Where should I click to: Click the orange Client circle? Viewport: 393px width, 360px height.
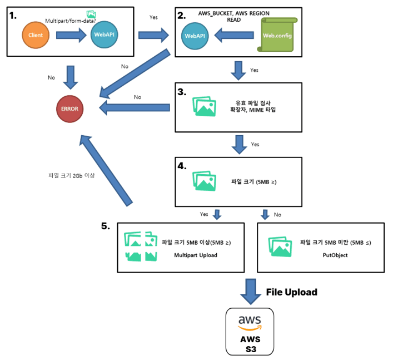point(36,35)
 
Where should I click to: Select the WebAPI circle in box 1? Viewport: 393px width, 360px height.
point(105,34)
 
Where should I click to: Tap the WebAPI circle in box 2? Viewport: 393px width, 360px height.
point(195,36)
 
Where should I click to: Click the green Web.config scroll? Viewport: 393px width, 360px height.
point(277,34)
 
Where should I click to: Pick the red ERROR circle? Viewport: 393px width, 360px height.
point(69,109)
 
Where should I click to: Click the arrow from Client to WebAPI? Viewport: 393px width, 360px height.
point(71,35)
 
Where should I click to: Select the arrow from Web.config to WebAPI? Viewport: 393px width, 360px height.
point(234,35)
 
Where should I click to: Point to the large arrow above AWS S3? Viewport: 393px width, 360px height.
point(251,292)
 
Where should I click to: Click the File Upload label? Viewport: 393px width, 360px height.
point(291,292)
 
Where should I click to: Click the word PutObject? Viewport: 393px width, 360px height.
point(335,255)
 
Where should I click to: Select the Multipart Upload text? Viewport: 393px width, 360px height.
point(196,255)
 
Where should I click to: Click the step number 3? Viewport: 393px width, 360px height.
point(182,92)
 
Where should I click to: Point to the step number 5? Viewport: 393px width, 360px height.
point(106,226)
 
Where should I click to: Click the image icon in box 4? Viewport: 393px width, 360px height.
point(204,181)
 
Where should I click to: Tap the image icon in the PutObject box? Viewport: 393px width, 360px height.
point(280,246)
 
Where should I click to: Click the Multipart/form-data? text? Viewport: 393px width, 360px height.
point(71,21)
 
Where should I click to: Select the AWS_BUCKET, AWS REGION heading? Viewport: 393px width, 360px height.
point(234,13)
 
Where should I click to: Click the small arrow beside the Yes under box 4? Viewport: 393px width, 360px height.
point(217,215)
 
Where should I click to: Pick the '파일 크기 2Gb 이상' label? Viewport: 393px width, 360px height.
point(72,175)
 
